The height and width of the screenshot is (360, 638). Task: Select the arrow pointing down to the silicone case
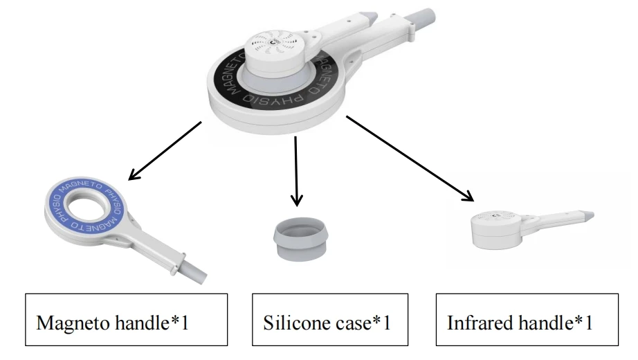296,170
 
